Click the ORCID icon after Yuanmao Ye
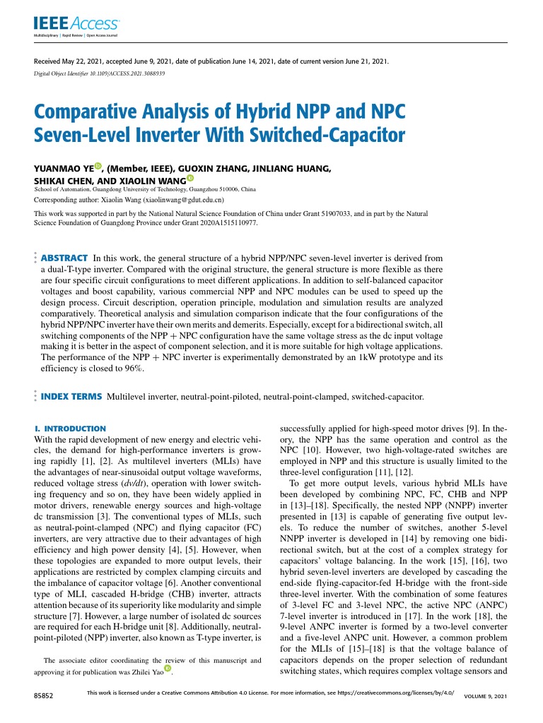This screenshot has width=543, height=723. pos(98,167)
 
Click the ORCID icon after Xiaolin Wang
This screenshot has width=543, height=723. pos(189,179)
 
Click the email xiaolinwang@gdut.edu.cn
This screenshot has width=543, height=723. pos(184,200)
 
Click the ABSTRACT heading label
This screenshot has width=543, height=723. pos(64,258)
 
